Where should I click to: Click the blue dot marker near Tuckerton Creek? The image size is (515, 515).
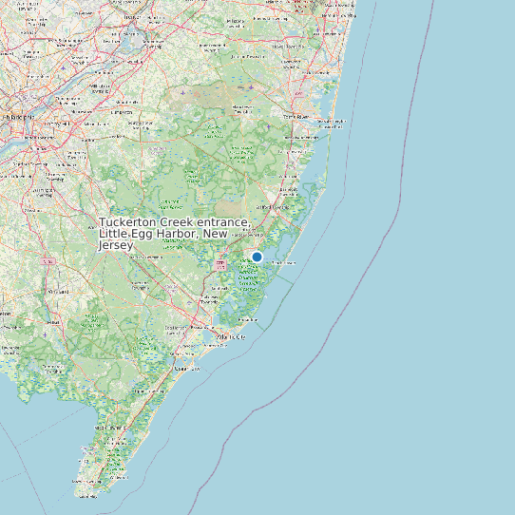[x=257, y=257]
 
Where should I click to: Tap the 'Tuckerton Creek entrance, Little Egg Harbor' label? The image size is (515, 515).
[x=174, y=234]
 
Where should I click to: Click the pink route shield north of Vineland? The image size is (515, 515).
[x=47, y=259]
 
